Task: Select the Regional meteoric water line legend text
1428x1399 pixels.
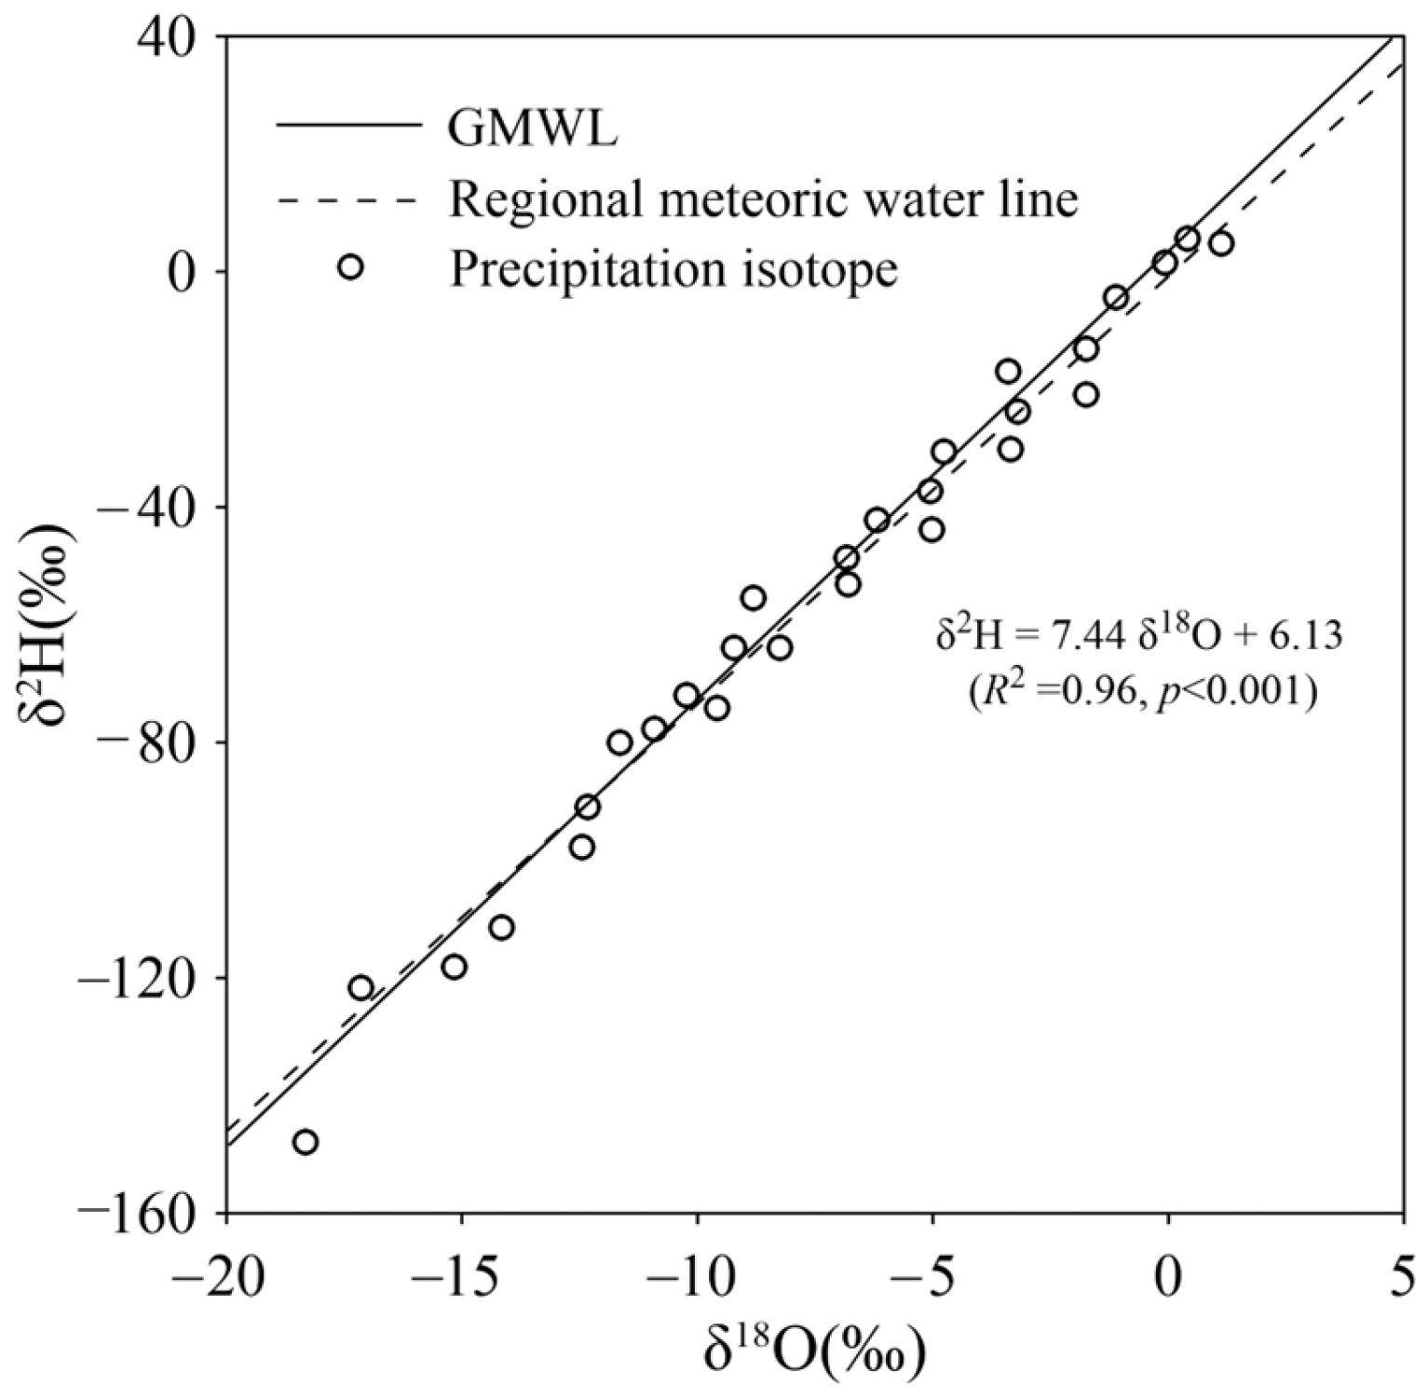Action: click(763, 198)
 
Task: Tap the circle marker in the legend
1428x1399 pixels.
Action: click(351, 267)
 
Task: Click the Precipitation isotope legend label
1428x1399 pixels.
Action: click(673, 269)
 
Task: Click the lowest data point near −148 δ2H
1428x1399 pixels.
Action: click(306, 1142)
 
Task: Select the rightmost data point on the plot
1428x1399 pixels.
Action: click(1221, 244)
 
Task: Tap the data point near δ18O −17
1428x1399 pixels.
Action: click(361, 987)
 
